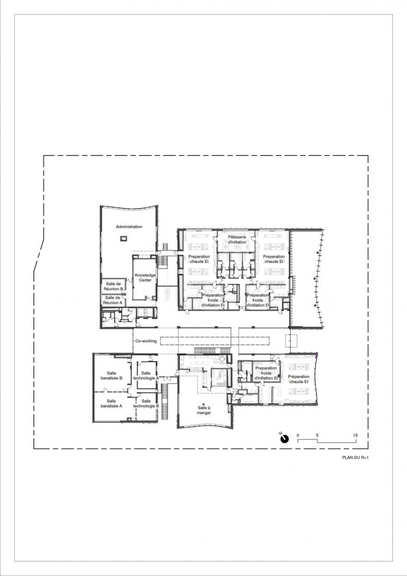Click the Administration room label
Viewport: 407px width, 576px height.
point(129,226)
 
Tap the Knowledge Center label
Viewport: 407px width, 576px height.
point(145,278)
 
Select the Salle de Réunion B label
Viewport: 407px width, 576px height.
point(114,286)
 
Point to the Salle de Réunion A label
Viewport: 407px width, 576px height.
point(113,300)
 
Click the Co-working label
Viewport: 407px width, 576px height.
point(146,341)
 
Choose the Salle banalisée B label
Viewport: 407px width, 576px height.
point(112,375)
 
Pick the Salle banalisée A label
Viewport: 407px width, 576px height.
point(111,403)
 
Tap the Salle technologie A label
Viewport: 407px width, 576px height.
point(146,375)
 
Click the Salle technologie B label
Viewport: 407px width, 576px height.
point(146,403)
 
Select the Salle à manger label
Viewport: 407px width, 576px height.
point(204,410)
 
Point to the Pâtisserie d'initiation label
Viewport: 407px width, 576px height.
point(237,239)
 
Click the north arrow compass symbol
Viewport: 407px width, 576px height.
point(285,438)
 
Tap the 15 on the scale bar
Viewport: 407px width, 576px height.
point(355,435)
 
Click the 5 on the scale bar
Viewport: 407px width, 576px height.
point(317,435)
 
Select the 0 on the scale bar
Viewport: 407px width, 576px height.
point(298,435)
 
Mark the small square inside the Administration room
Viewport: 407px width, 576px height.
point(123,239)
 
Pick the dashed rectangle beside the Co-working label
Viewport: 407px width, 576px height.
point(216,341)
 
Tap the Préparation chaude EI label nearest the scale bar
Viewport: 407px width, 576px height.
point(298,379)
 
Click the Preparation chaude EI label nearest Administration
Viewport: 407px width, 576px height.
point(199,259)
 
